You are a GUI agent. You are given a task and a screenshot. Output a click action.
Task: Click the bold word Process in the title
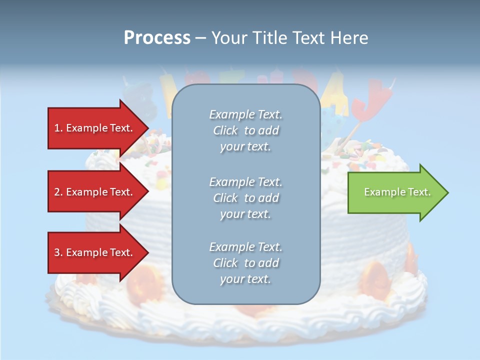coord(157,38)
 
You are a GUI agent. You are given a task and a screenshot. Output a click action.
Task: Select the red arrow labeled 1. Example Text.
coord(95,128)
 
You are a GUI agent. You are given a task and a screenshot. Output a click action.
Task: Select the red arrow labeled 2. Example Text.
coord(95,192)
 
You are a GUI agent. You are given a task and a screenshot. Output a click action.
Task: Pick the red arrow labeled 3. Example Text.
coord(95,252)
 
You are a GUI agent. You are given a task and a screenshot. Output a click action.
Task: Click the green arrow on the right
coord(395,192)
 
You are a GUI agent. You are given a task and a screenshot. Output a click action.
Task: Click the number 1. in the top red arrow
coord(58,128)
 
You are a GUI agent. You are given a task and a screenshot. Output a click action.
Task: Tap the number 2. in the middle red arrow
coord(58,192)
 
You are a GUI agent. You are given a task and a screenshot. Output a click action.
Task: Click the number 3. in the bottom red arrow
coord(58,252)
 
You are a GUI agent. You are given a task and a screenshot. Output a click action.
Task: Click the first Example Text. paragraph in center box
coord(245,130)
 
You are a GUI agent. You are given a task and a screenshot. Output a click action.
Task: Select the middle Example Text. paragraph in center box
coord(245,198)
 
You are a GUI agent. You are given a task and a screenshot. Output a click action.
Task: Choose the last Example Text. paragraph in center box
coord(245,263)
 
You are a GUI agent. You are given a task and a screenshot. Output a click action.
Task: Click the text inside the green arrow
coord(397,192)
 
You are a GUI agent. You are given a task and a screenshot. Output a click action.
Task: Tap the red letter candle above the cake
coord(364,102)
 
